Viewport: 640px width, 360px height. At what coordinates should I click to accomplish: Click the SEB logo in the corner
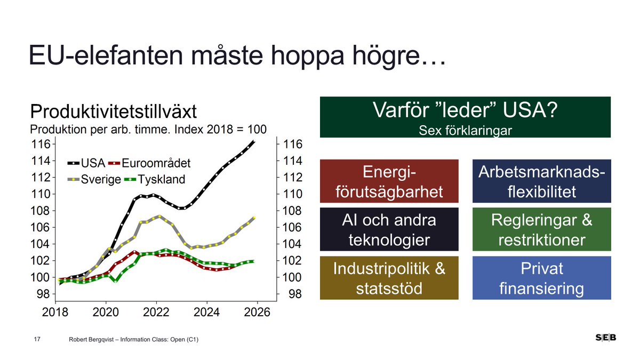coord(606,338)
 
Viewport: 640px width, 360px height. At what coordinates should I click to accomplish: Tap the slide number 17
coord(37,339)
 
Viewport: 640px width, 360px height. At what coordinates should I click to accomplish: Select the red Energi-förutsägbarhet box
coord(389,181)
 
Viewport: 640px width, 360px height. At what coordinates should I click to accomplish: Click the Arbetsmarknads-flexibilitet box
coord(541,181)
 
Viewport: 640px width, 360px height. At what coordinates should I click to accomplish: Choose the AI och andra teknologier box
coord(389,229)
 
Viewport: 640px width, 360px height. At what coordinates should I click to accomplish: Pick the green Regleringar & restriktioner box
coord(541,229)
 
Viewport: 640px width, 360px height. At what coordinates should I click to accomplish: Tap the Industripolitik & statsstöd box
coord(389,278)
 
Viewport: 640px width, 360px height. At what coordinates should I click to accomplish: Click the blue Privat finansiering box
coord(541,278)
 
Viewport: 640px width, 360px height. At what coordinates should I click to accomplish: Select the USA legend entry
coord(85,163)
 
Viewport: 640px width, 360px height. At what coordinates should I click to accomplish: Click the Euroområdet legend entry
coord(149,163)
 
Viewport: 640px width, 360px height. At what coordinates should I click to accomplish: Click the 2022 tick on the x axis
coord(156,313)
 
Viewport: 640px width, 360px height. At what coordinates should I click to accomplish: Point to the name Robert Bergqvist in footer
coord(94,339)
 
